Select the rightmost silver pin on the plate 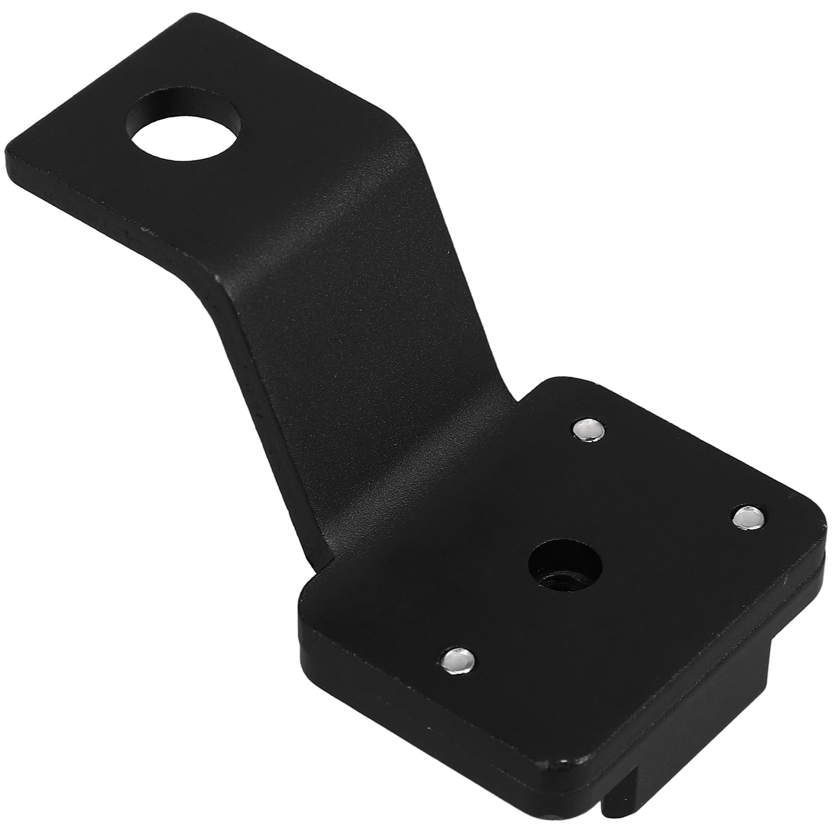tap(749, 515)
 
